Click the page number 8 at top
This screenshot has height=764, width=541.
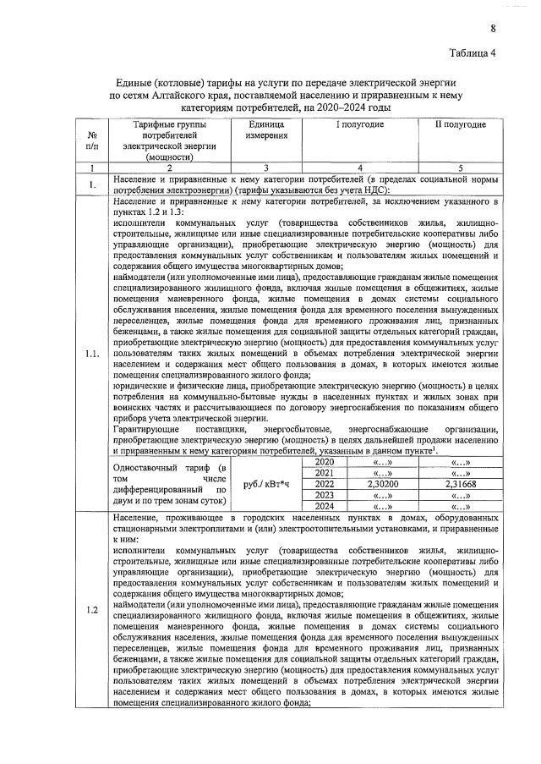492,29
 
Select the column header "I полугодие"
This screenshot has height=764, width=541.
360,124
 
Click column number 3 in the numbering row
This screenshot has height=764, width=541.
265,168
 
